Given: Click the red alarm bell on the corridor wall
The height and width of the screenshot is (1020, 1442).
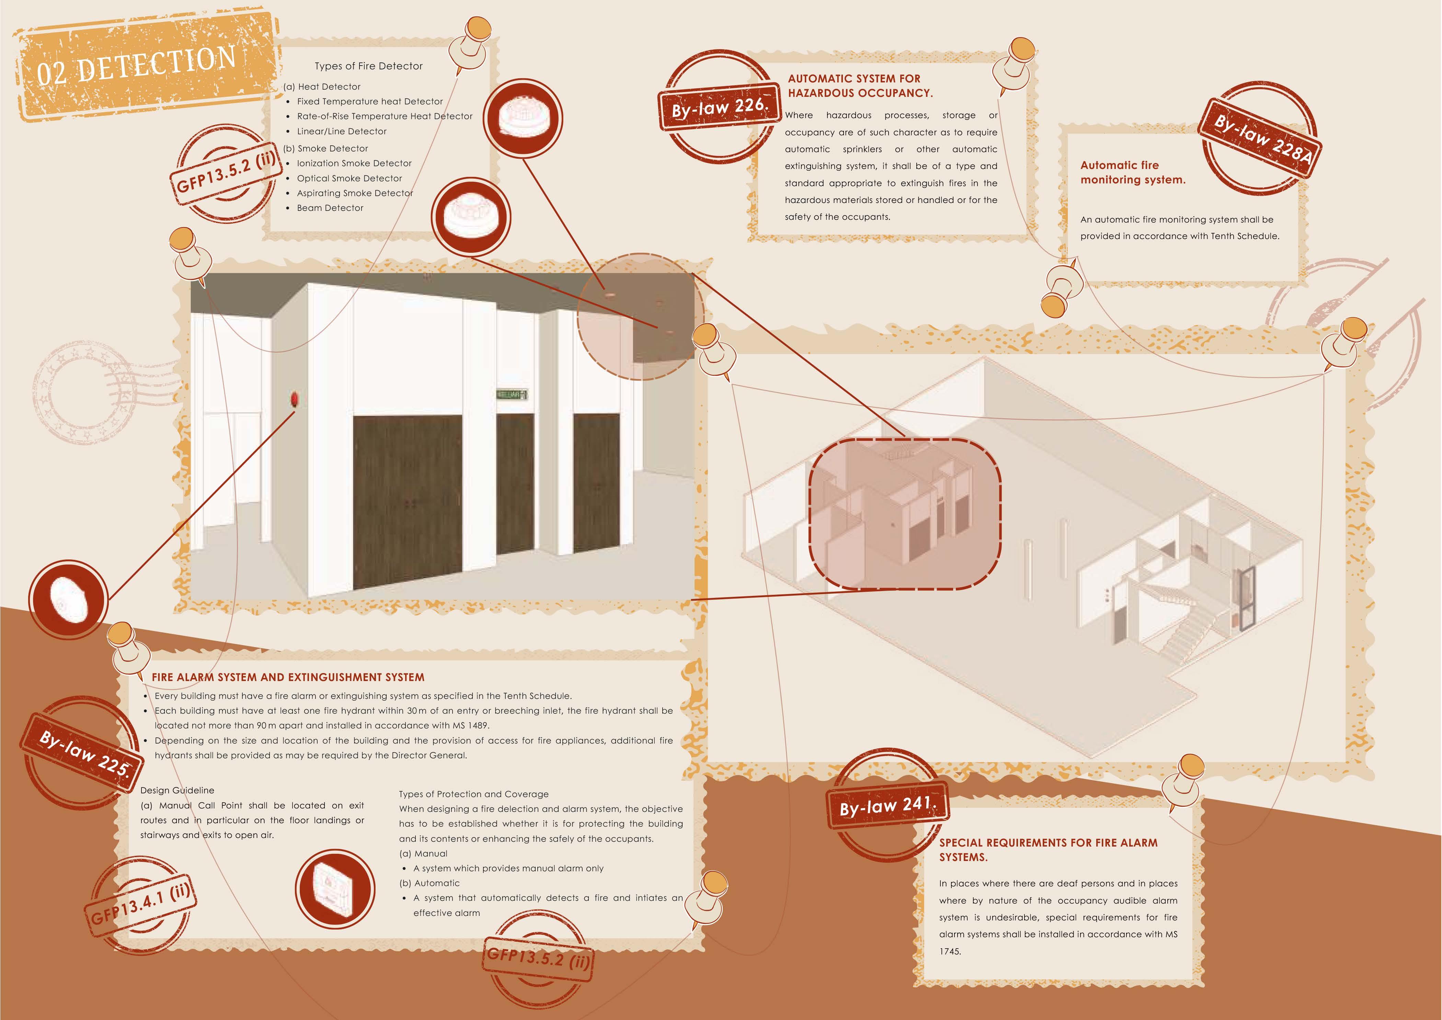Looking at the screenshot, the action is pos(293,399).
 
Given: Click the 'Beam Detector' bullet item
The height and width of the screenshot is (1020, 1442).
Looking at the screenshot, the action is pos(330,208).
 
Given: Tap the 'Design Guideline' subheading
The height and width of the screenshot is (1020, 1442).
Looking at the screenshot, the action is pos(177,790).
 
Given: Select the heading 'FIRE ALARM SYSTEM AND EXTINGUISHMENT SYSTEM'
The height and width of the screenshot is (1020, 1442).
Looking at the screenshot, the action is pos(288,677).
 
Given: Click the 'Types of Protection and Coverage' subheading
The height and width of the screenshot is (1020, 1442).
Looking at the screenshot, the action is pos(473,794).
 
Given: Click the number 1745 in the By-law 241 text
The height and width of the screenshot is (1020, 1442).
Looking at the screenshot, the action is pos(950,951).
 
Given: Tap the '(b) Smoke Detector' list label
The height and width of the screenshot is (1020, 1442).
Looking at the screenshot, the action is pos(325,148).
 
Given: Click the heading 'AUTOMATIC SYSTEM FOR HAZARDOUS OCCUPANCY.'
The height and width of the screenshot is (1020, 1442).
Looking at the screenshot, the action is pos(860,86).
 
